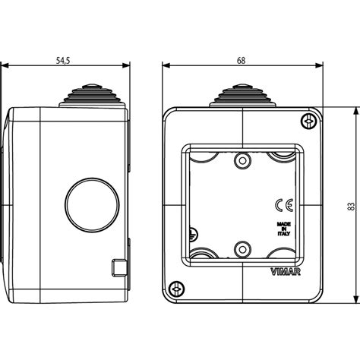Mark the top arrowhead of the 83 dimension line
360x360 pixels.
[353, 110]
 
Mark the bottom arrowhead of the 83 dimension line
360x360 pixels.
[353, 300]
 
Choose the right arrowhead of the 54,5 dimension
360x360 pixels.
[127, 65]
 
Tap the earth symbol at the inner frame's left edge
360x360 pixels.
[191, 236]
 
